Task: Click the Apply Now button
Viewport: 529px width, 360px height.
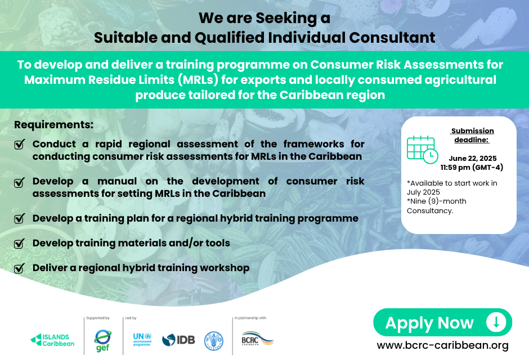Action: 442,322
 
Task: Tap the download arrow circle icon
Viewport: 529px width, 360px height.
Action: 496,322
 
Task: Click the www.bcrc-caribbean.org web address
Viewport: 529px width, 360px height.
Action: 443,345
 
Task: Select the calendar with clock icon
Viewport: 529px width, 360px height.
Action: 422,150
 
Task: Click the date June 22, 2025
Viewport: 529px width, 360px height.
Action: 473,159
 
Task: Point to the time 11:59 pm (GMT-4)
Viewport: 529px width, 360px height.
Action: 472,168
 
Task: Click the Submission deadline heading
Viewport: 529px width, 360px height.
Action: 472,135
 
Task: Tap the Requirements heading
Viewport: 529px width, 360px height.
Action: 53,125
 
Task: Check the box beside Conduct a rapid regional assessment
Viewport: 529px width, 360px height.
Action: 19,144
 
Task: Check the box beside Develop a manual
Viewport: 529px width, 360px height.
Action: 19,182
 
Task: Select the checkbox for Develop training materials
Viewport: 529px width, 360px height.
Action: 19,243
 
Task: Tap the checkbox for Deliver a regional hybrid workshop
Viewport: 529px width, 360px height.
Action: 19,268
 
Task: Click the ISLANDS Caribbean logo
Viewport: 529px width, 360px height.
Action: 52,340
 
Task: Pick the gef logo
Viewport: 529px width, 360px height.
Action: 103,340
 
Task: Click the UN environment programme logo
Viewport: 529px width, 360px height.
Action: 142,340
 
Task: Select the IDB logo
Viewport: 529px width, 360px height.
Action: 178,340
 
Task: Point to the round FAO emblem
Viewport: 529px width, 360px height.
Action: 213,340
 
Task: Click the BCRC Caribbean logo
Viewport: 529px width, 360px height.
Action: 257,339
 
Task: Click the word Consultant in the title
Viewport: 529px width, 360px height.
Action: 392,38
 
